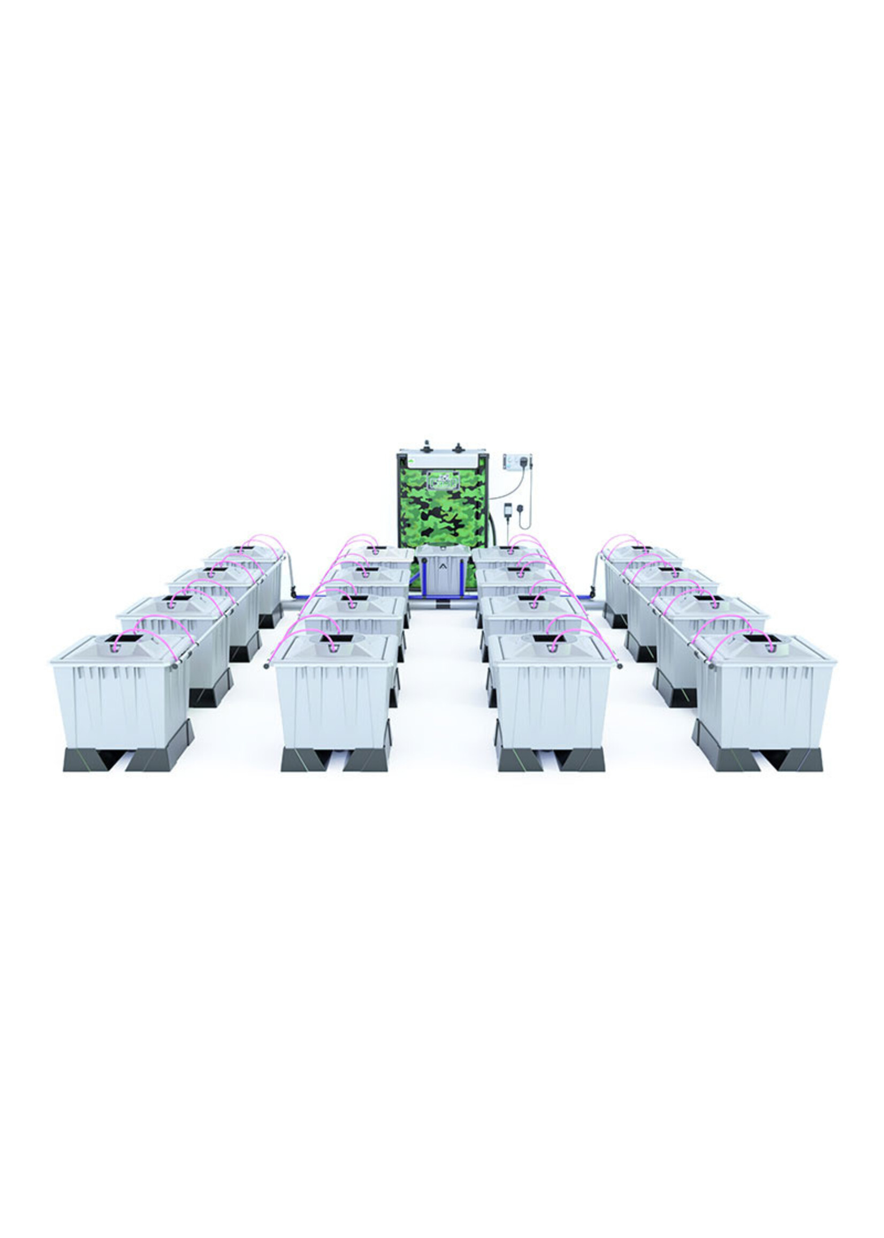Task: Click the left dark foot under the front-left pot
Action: point(86,759)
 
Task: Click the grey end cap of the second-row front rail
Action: point(266,665)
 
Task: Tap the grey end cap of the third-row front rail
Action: point(620,665)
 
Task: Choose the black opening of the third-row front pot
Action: point(547,637)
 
